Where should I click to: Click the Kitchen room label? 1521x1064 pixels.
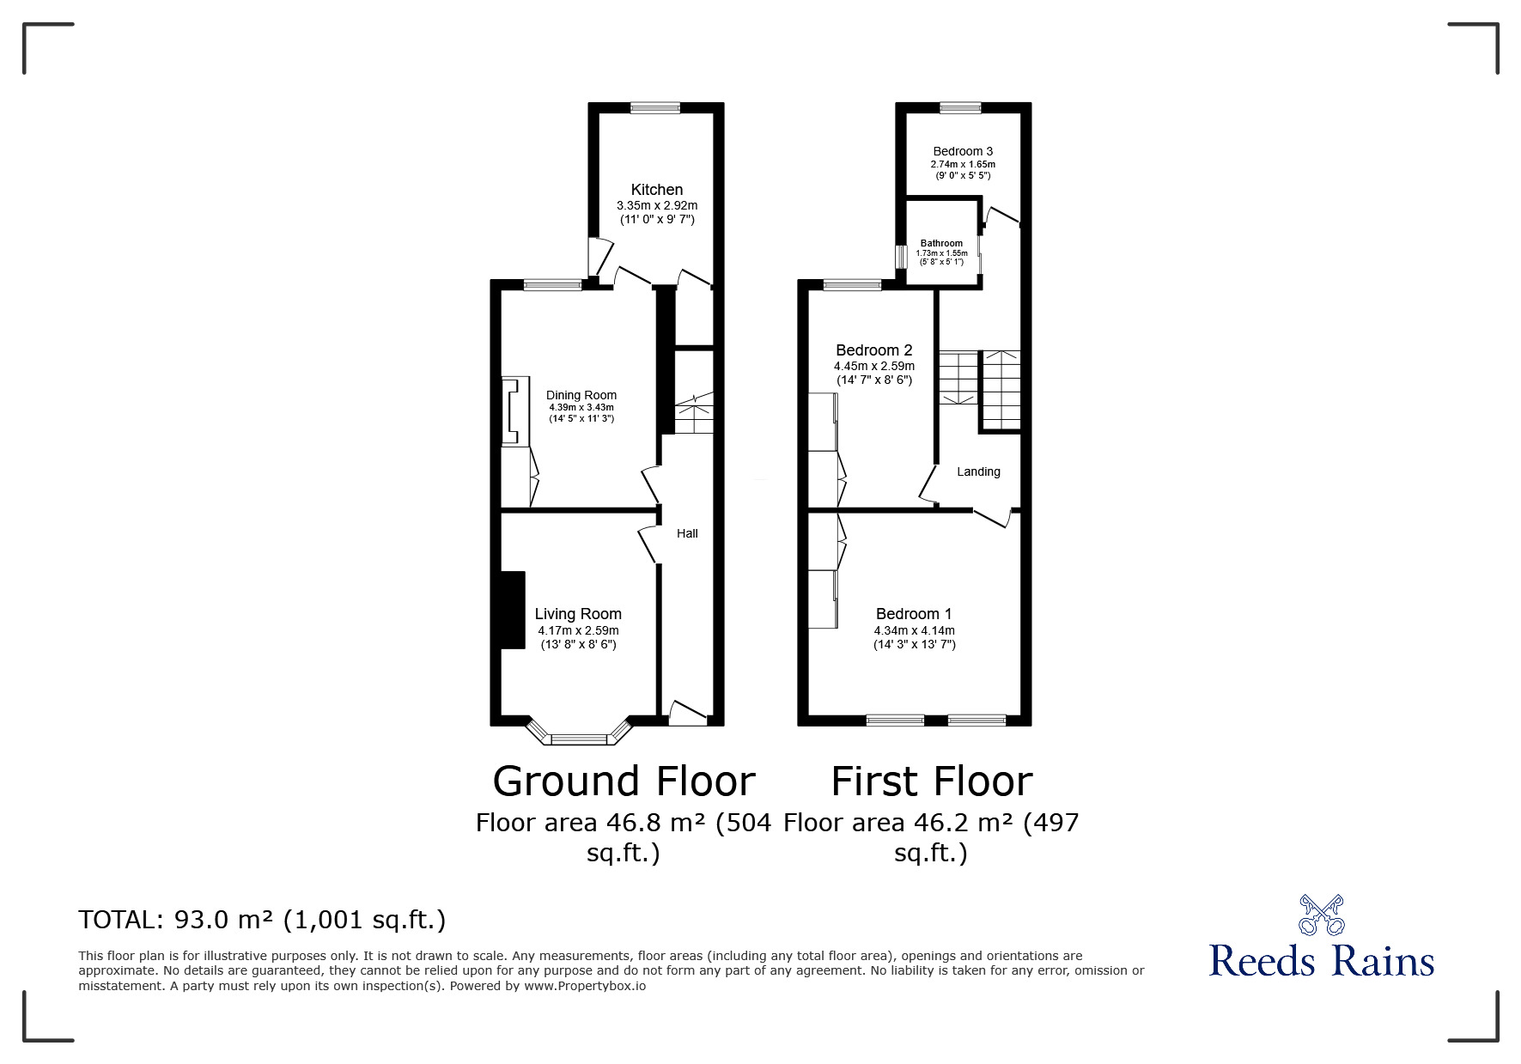[x=657, y=190]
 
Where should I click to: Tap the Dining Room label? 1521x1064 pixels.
[x=581, y=395]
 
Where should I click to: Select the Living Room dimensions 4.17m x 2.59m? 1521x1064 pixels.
[x=578, y=630]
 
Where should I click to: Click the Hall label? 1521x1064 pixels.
[x=687, y=533]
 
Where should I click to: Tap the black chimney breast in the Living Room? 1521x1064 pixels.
[x=513, y=610]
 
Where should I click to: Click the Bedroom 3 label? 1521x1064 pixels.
[x=963, y=151]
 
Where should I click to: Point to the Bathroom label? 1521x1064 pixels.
[x=941, y=243]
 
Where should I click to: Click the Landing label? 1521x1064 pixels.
[x=978, y=471]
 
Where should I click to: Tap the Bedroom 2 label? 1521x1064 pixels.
[x=873, y=350]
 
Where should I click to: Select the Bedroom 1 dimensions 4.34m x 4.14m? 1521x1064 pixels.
[x=914, y=630]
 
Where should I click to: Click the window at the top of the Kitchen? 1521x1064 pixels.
[x=654, y=108]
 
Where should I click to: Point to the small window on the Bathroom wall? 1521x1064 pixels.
[x=901, y=257]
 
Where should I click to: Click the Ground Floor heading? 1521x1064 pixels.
[x=624, y=781]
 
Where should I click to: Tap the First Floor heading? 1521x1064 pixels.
[x=931, y=781]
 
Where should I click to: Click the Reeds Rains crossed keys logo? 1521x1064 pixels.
[x=1321, y=915]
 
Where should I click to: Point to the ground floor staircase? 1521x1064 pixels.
[x=693, y=414]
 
